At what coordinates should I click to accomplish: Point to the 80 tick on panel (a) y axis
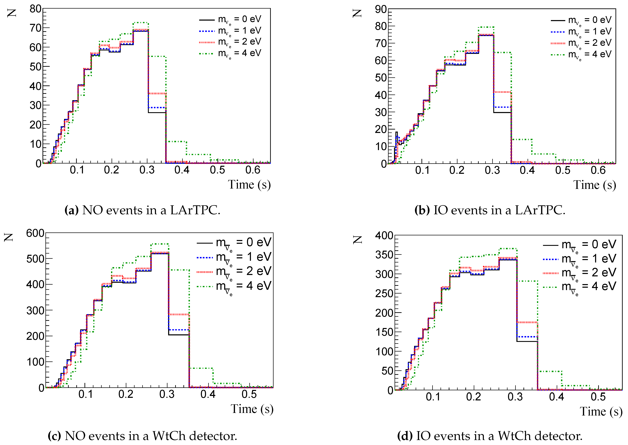click(36, 9)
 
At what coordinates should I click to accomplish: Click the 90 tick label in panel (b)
click(381, 10)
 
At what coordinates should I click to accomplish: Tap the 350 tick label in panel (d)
click(384, 255)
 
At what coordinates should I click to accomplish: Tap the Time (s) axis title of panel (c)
click(252, 409)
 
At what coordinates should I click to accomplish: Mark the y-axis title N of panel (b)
click(357, 13)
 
